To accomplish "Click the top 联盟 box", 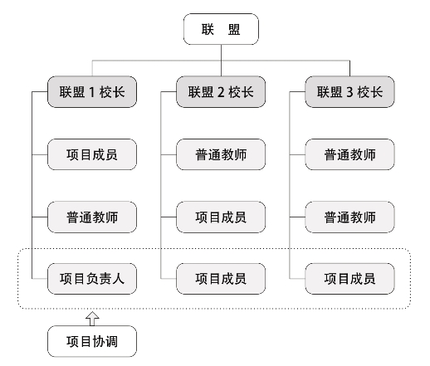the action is (221, 29).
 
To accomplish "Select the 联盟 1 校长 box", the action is (92, 92).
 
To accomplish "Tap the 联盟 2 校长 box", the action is (221, 92).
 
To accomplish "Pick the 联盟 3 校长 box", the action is (349, 92).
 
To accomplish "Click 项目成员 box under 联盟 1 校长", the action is (92, 154).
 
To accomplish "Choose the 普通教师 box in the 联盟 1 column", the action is (92, 217).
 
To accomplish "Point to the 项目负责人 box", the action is (92, 279).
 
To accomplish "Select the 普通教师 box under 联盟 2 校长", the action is (221, 154).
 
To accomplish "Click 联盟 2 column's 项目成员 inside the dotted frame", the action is (221, 279).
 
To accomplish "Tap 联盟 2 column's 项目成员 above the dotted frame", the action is (221, 217).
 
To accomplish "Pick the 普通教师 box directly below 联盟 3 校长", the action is (349, 154).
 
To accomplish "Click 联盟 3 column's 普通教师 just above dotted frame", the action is (349, 217).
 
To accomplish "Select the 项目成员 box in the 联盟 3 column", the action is (349, 279).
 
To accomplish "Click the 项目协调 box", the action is (92, 341).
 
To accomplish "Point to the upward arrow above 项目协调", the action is (92, 319).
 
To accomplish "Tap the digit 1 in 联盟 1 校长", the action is (92, 92).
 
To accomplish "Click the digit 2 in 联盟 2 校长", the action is (221, 92).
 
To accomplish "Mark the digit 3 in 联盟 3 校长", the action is (349, 92).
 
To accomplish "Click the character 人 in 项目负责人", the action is (118, 279).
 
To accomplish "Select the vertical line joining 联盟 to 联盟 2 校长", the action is (221, 61).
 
